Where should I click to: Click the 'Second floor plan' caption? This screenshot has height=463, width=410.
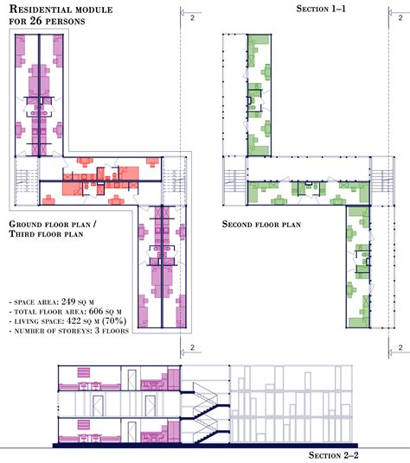(262, 224)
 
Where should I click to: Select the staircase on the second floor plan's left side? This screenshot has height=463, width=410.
(234, 179)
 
